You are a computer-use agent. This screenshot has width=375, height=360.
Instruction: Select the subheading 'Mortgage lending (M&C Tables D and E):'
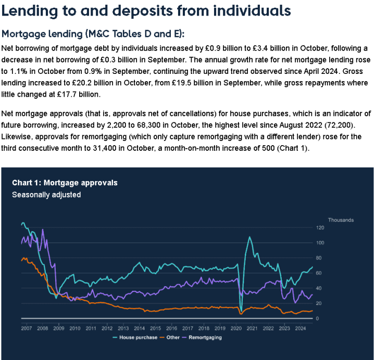point(93,34)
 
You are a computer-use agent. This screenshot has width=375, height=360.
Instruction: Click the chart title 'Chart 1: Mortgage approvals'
point(65,183)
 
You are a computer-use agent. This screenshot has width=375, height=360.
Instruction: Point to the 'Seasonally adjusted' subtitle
point(46,195)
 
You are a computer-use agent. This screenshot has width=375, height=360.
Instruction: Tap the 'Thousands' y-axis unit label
point(341,220)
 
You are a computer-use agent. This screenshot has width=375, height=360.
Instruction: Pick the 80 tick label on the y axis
point(320,258)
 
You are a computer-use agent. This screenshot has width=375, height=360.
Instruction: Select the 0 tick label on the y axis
point(318,318)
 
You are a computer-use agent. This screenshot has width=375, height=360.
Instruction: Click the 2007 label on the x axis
point(27,328)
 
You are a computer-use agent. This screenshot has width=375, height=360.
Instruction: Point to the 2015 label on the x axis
point(155,328)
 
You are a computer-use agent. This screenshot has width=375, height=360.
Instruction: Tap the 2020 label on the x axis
point(235,328)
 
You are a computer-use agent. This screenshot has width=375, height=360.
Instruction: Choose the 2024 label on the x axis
point(300,328)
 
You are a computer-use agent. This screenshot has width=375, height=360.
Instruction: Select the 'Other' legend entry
point(171,337)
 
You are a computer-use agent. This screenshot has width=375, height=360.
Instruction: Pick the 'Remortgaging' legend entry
point(205,337)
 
